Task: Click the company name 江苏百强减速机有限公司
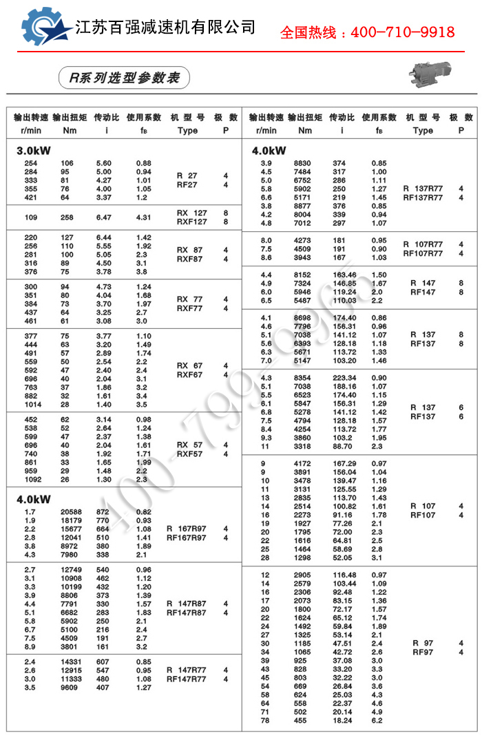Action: (165, 28)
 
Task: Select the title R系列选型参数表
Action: (120, 78)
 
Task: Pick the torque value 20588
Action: (71, 512)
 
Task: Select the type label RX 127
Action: (191, 213)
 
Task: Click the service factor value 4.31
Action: (143, 217)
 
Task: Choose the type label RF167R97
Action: (186, 537)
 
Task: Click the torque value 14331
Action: (71, 662)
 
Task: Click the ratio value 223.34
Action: (344, 378)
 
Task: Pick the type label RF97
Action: (422, 652)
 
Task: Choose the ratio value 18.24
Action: (342, 721)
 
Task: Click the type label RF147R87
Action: (186, 612)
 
